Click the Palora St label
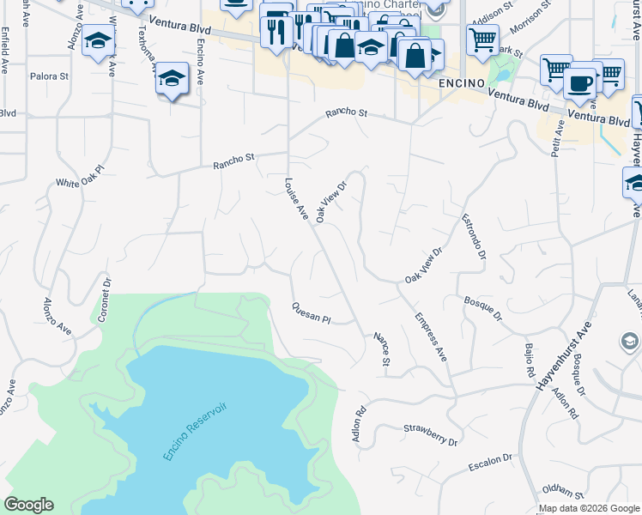[49, 76]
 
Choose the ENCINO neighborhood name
[463, 84]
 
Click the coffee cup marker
[580, 82]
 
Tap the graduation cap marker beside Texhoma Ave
[172, 78]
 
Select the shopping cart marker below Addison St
[482, 38]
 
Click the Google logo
[28, 505]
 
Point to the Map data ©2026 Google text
[589, 508]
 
